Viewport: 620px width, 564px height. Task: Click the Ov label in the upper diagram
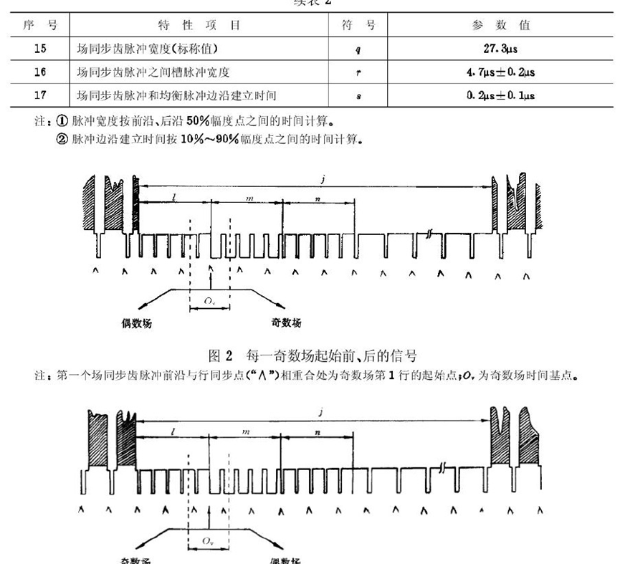[x=208, y=302]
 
